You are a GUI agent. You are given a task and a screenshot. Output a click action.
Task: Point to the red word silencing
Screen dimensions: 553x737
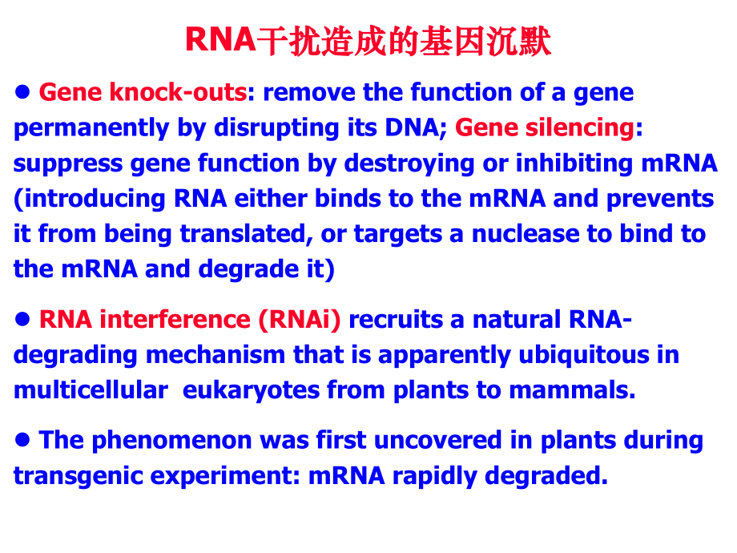573,128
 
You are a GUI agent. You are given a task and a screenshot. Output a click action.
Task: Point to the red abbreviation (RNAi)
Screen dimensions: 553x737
299,320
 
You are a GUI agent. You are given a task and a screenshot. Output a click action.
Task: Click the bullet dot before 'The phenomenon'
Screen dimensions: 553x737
22,438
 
